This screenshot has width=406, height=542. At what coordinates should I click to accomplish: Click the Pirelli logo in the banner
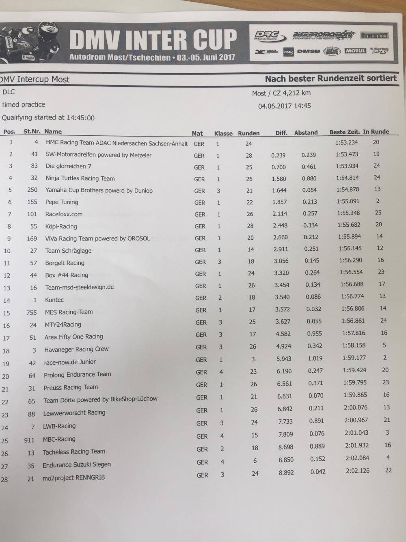click(x=375, y=36)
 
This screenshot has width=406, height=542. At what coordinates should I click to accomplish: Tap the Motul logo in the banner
click(x=355, y=51)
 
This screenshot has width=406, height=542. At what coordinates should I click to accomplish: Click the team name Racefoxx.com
click(x=64, y=214)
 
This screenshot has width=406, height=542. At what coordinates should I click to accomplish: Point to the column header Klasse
click(x=223, y=133)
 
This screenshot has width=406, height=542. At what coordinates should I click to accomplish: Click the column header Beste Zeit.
click(x=344, y=132)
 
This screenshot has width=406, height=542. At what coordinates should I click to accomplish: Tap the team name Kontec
click(x=54, y=300)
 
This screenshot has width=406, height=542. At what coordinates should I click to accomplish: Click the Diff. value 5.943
click(x=283, y=359)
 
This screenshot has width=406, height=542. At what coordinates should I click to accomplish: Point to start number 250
click(x=32, y=190)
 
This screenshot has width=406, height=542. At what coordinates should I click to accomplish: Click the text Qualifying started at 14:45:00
click(x=48, y=118)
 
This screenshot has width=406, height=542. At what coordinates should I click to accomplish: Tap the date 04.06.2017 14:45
click(x=284, y=106)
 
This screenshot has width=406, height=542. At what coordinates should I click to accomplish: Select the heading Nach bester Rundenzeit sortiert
click(x=330, y=78)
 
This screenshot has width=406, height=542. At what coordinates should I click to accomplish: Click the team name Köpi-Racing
click(x=61, y=226)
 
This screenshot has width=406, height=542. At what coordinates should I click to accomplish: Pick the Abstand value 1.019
click(x=315, y=358)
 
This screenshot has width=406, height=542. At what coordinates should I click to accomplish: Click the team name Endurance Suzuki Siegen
click(x=77, y=465)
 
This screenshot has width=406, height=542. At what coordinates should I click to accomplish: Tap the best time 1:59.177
click(x=354, y=358)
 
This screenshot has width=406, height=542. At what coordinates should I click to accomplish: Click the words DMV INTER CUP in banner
click(x=153, y=40)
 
